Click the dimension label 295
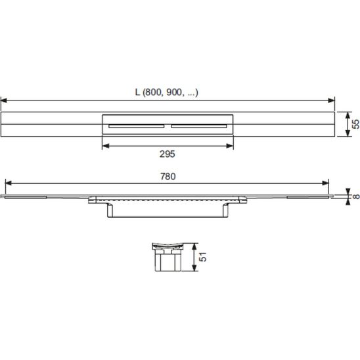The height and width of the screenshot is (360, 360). click(167, 154)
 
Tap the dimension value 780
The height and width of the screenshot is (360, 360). click(168, 176)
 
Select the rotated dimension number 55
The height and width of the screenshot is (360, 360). click(355, 124)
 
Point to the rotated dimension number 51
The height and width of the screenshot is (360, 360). click(202, 257)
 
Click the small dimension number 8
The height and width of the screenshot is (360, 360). click(356, 196)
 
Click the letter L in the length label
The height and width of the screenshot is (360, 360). click(137, 92)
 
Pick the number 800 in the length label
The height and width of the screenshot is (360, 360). click(154, 92)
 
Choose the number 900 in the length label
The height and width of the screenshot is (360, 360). click(174, 92)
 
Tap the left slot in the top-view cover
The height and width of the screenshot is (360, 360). click(137, 126)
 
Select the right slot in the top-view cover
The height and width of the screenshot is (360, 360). click(199, 126)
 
